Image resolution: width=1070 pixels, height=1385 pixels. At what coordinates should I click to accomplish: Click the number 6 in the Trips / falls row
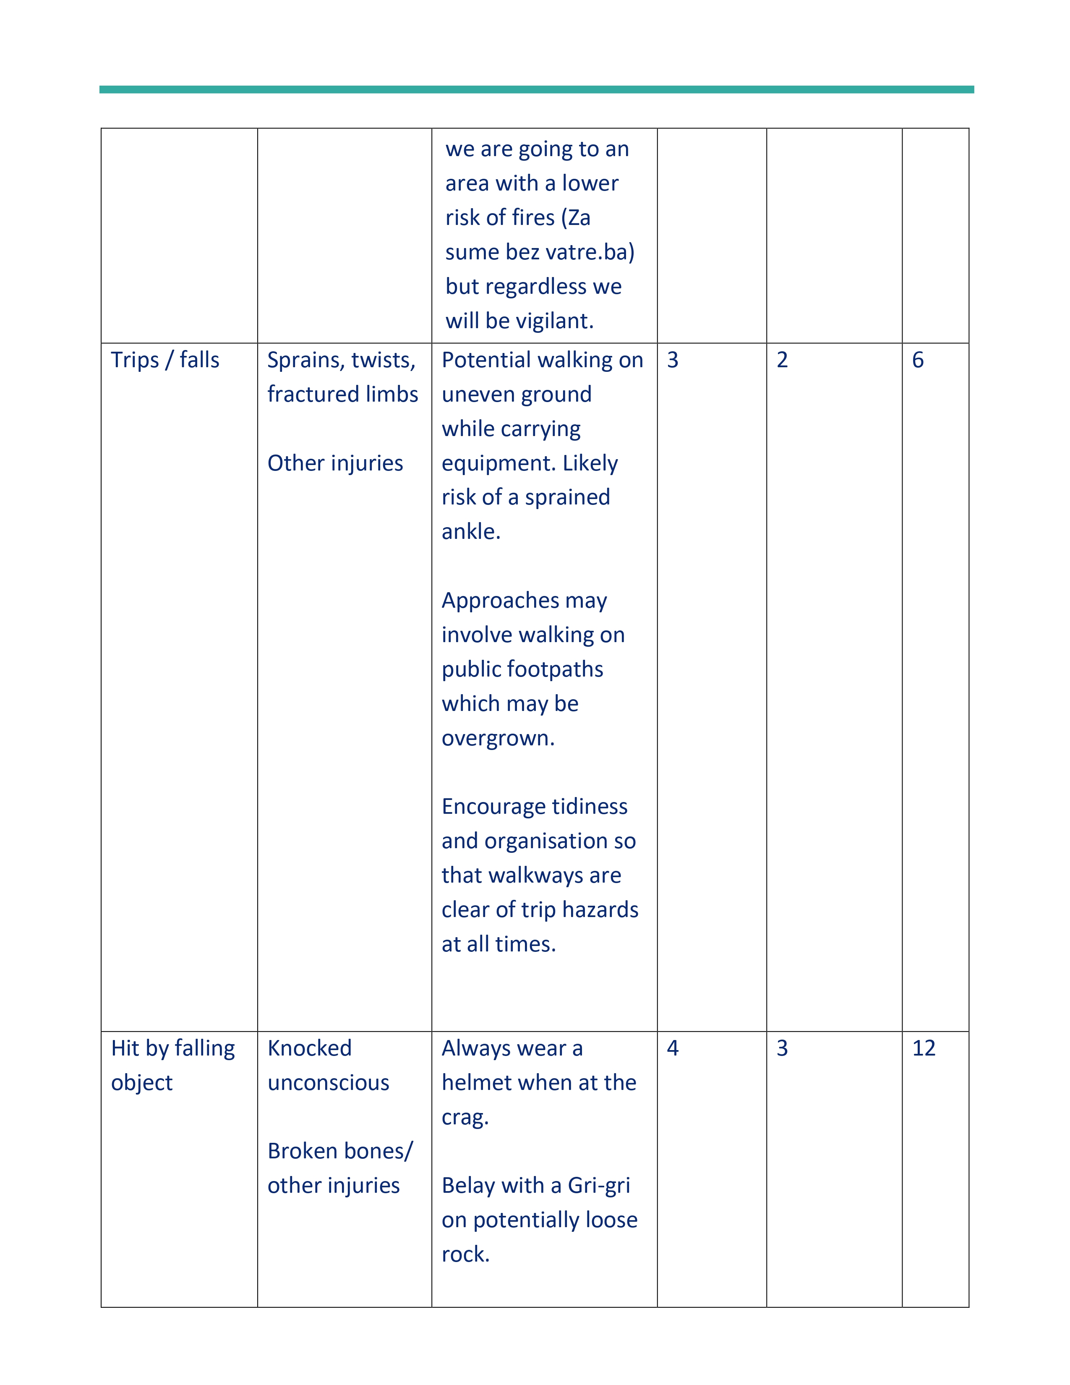coord(917,360)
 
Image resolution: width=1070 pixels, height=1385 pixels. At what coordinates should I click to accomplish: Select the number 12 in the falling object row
coord(923,1048)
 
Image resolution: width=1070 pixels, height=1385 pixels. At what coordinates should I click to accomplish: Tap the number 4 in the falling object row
coord(673,1048)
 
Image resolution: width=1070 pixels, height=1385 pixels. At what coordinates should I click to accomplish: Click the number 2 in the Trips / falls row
coord(782,360)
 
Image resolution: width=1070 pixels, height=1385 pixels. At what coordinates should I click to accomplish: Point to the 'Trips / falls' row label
coord(165,360)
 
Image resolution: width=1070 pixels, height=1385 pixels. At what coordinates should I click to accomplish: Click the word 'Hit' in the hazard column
coord(125,1048)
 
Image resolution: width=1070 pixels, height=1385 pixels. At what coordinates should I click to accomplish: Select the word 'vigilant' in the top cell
coord(550,321)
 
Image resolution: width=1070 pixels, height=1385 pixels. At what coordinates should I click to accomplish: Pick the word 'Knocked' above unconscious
coord(309,1048)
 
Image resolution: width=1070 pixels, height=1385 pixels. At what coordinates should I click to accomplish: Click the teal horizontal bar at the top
coord(536,89)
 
